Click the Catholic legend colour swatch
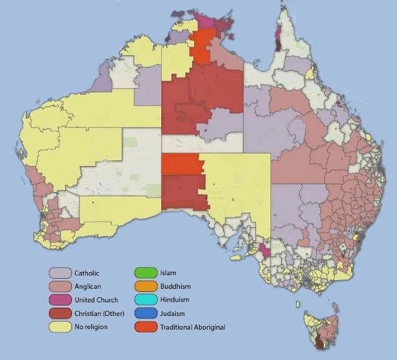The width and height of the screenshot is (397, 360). click(61, 273)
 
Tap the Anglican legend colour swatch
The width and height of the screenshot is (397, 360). click(61, 286)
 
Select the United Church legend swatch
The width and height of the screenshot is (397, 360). click(61, 300)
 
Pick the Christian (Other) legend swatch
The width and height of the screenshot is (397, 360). click(61, 314)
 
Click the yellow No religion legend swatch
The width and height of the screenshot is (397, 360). click(61, 327)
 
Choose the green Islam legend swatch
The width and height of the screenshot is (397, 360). click(146, 273)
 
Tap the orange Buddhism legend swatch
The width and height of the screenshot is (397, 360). click(146, 286)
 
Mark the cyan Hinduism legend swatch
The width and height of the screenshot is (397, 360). click(146, 300)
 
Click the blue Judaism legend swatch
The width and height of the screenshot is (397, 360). click(146, 314)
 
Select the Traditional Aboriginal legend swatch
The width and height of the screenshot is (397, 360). click(146, 327)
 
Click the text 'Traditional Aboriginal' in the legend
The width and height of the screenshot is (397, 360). click(192, 327)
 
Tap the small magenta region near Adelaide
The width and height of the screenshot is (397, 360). click(264, 250)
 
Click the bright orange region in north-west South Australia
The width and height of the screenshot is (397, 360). click(181, 165)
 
